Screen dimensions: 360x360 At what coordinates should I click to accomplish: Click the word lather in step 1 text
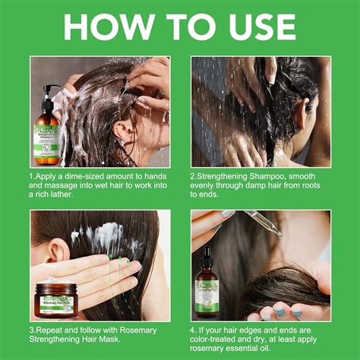pos(61,194)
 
